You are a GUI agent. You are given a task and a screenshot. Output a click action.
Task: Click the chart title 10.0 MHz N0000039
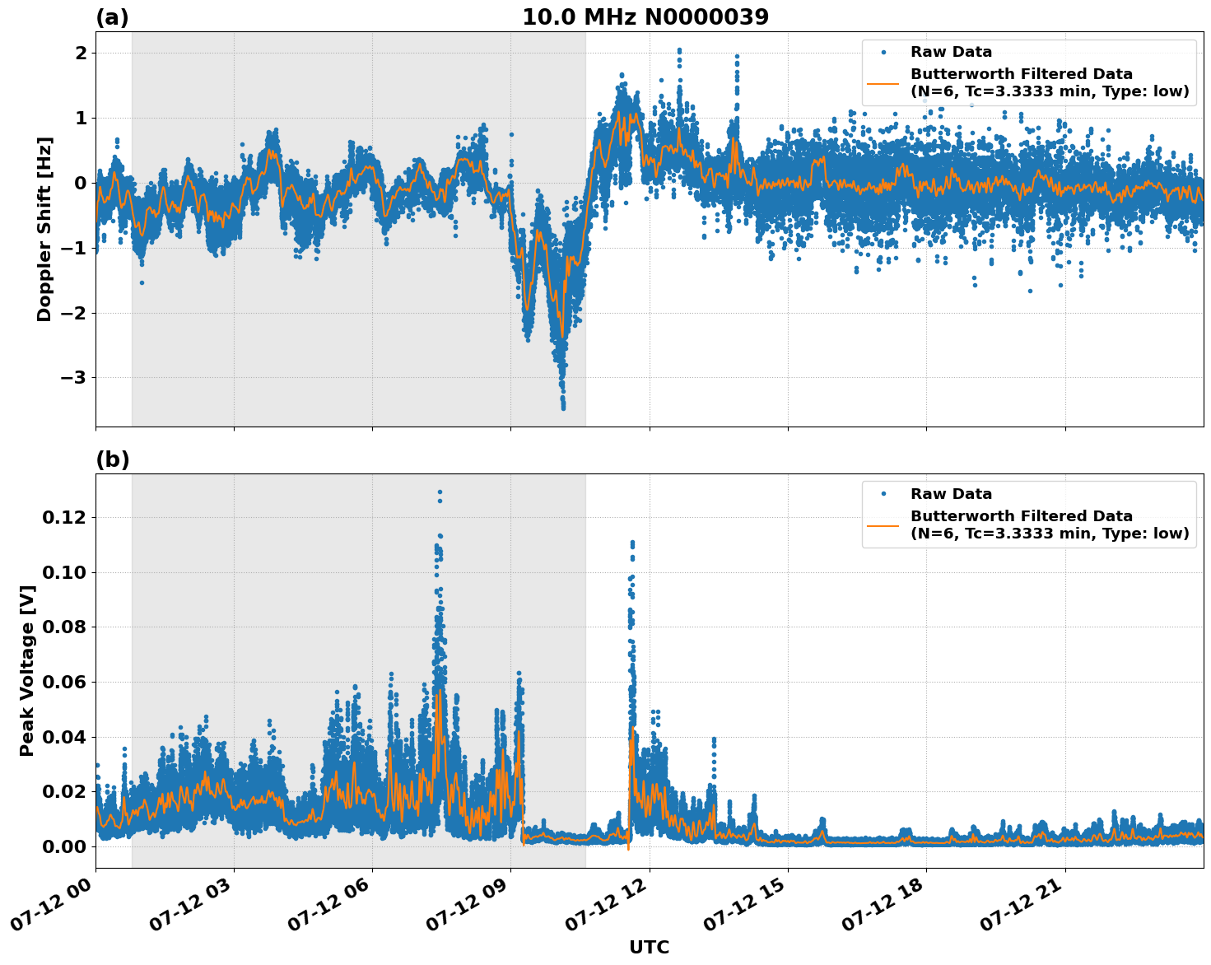[x=645, y=17]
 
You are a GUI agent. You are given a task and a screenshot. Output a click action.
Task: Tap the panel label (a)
[x=112, y=17]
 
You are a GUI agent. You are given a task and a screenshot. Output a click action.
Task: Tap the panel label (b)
[x=112, y=459]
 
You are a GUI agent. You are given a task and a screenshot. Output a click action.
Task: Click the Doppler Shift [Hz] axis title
[x=44, y=229]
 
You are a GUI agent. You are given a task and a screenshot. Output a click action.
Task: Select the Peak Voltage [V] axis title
[x=27, y=670]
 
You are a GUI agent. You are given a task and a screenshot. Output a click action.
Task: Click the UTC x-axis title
[x=649, y=947]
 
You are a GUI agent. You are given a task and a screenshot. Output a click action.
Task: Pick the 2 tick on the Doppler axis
[x=82, y=53]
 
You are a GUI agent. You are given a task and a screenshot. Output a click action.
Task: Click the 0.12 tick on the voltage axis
[x=64, y=517]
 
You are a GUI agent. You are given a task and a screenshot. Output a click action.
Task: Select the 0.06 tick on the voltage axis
[x=64, y=682]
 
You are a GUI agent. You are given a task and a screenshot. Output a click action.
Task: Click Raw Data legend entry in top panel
[x=951, y=52]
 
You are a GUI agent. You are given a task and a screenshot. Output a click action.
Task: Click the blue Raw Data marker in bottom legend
[x=883, y=494]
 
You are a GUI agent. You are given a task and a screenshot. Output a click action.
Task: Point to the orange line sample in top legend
[x=883, y=82]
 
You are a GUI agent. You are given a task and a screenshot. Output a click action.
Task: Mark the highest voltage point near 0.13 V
[x=440, y=492]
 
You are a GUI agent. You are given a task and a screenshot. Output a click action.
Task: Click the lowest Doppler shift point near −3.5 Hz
[x=563, y=408]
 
